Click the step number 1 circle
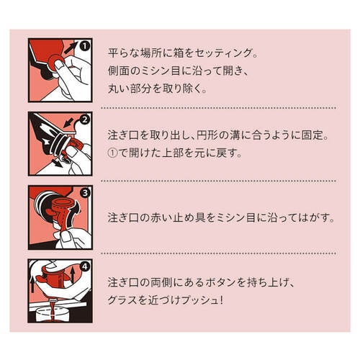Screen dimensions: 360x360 pyautogui.click(x=85, y=45)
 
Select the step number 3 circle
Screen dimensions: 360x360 pyautogui.click(x=85, y=194)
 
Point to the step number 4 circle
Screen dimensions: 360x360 pyautogui.click(x=85, y=267)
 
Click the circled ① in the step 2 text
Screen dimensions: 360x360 pyautogui.click(x=112, y=153)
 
